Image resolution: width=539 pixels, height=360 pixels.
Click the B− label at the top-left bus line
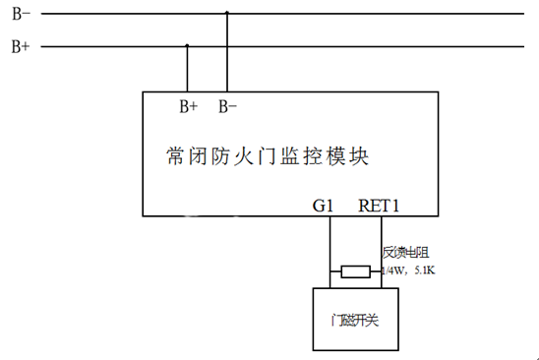pos(20,15)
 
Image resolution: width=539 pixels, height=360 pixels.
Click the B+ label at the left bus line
pos(20,46)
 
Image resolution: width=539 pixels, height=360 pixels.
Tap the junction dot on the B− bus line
pos(227,14)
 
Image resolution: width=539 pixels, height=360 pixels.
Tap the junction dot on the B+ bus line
pos(188,45)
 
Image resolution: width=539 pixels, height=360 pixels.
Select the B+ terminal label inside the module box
pos(188,104)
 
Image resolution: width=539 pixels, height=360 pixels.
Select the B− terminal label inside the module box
pos(227,104)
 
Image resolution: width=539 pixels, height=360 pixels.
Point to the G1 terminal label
pos(324,207)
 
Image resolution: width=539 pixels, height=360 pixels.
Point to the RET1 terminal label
pos(380,207)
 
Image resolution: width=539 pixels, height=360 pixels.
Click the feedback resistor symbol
pos(355,271)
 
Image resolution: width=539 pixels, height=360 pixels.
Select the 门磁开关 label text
pos(355,321)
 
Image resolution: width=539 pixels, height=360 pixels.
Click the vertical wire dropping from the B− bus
pos(227,54)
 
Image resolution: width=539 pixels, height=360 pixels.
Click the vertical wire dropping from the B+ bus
pos(188,69)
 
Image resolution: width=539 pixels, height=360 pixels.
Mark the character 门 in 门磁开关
pos(336,321)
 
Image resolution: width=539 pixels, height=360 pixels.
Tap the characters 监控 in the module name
pos(310,155)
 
